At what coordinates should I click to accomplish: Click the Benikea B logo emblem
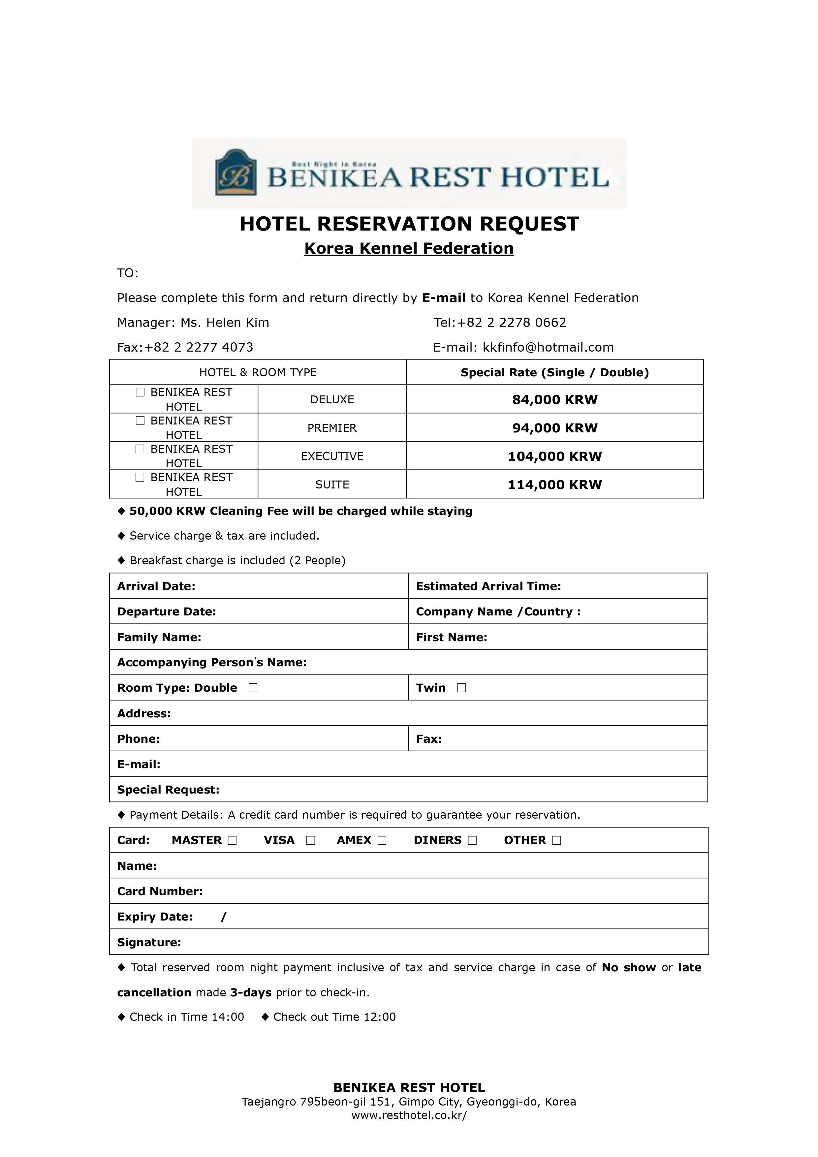[236, 172]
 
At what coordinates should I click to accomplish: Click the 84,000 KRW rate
[554, 400]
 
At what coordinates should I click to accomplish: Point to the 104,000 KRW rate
[554, 456]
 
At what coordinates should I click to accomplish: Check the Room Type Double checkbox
[253, 688]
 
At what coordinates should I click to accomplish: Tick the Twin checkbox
[461, 688]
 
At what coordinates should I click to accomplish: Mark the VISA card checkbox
[310, 840]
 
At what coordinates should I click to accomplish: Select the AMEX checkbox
[382, 840]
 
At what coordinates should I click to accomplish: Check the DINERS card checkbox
[472, 840]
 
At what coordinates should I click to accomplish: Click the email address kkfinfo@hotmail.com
[548, 347]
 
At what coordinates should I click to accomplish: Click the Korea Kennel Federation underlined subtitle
[409, 248]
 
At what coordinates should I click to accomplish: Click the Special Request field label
[168, 790]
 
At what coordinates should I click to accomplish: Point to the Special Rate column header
[554, 372]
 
